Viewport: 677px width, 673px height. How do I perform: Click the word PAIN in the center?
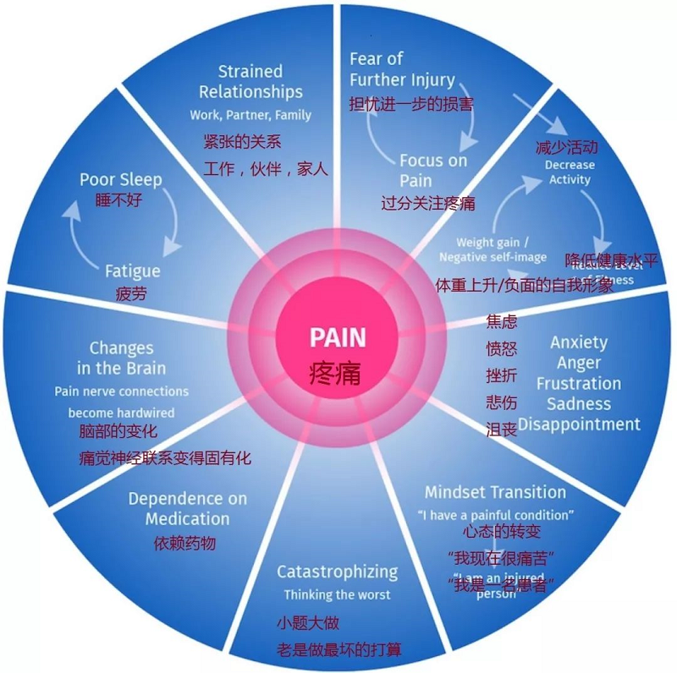pos(338,338)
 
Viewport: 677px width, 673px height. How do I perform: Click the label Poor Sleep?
pos(121,179)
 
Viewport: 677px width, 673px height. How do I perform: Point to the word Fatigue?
pos(132,271)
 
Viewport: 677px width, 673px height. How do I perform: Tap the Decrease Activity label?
pos(570,172)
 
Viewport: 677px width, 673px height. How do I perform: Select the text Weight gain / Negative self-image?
pos(494,249)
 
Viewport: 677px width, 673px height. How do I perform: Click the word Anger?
pos(579,363)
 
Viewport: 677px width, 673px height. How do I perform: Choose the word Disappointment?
pos(580,424)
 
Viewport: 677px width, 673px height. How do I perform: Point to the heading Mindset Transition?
pos(495,492)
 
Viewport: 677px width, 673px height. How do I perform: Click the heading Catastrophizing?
pos(337,572)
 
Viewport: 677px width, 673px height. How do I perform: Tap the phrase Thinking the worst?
pos(337,594)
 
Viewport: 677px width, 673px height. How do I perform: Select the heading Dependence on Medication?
pos(187,508)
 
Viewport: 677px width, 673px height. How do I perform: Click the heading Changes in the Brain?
pos(121,358)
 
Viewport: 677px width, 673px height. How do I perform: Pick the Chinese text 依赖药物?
pos(184,542)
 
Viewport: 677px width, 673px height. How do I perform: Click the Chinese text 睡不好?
pos(119,200)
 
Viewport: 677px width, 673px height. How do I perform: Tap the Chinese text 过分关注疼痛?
pos(427,203)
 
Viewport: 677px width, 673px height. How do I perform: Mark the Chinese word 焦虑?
pos(501,322)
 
